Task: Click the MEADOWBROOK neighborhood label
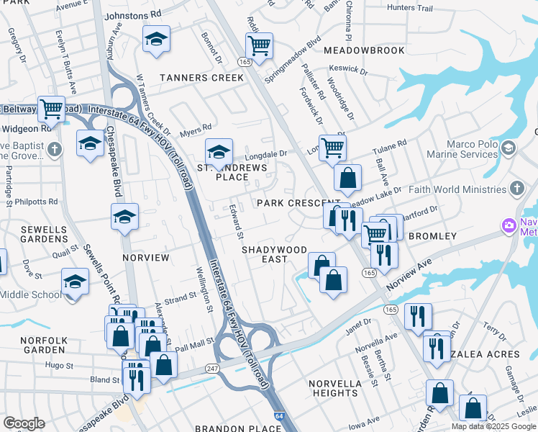point(365,50)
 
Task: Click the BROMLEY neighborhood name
point(432,236)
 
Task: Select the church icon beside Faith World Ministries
point(516,189)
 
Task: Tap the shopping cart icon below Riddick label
point(259,46)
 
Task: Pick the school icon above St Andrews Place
point(219,151)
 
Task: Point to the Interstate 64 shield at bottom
point(279,415)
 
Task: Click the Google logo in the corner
point(24,423)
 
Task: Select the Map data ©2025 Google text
point(493,426)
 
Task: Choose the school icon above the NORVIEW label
point(124,216)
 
